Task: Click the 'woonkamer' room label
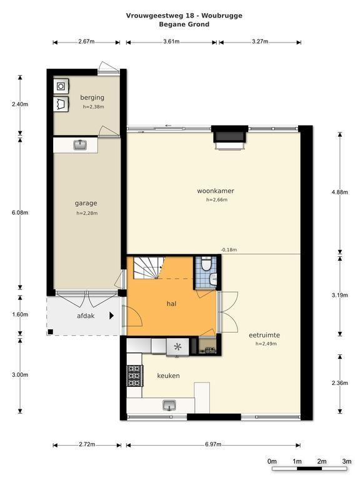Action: tap(216, 191)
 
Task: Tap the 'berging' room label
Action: tap(92, 97)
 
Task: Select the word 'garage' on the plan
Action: tap(86, 203)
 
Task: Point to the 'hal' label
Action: tap(171, 304)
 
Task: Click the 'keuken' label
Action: tap(168, 376)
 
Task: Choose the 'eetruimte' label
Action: tap(264, 335)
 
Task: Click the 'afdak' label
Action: tap(86, 316)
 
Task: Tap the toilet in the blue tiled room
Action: tap(206, 264)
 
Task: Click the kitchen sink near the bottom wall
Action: tap(169, 405)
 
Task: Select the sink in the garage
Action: tap(80, 145)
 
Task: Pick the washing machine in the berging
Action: tap(61, 86)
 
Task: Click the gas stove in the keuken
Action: tap(135, 376)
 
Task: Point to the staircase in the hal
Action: tap(149, 268)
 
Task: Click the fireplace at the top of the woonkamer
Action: tap(229, 136)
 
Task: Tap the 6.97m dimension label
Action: tap(213, 444)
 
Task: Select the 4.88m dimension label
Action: tap(340, 192)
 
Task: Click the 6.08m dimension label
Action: tap(20, 212)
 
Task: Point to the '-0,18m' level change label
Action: tap(229, 250)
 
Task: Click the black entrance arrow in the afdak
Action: tap(112, 316)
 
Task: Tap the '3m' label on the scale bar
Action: tap(347, 461)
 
